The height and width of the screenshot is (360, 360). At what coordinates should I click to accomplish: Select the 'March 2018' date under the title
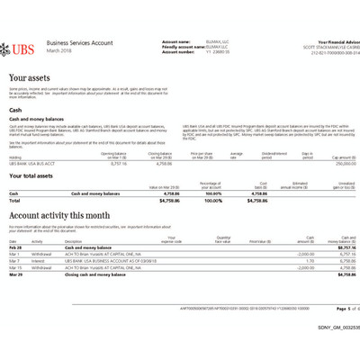click(x=58, y=50)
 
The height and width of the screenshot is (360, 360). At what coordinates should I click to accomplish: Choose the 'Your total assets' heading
click(x=40, y=175)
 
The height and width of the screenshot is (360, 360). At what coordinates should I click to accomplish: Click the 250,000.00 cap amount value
click(x=337, y=163)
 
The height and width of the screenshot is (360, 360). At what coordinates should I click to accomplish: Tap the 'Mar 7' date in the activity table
click(x=14, y=260)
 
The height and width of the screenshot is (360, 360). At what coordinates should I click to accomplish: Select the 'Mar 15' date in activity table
click(x=15, y=267)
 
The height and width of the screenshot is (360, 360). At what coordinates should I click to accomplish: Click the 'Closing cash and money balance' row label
click(x=94, y=274)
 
